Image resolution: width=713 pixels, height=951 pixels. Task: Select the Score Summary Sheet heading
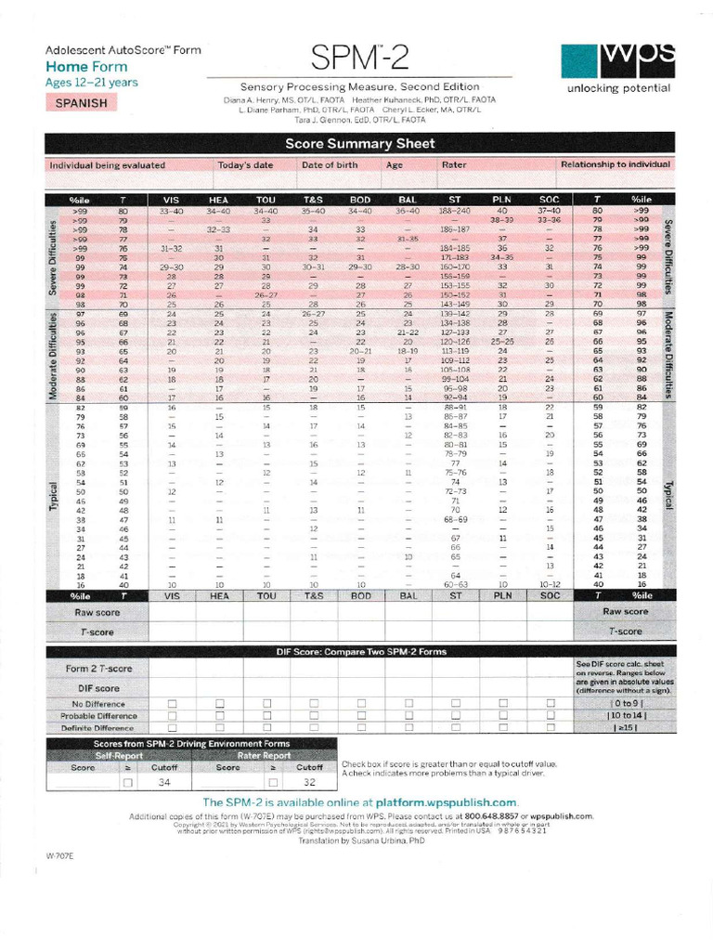[x=358, y=144]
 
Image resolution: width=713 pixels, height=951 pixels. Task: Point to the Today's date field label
[x=245, y=164]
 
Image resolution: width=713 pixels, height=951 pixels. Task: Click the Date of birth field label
[x=331, y=164]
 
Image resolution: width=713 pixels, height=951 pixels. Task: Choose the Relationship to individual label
[x=615, y=164]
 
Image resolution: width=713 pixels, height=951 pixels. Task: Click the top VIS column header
[x=172, y=200]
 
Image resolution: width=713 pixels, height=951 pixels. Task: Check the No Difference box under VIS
[x=172, y=703]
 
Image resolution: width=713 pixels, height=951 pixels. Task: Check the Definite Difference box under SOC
[x=550, y=728]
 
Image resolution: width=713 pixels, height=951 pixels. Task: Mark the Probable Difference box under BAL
[x=408, y=716]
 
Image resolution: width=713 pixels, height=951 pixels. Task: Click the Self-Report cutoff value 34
[x=165, y=783]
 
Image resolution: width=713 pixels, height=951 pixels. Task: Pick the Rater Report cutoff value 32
[x=310, y=783]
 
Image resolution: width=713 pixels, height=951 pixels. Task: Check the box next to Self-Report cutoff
[x=128, y=783]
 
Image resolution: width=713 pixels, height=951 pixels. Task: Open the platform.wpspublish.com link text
[x=446, y=801]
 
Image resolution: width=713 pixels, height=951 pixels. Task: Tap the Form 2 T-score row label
[x=98, y=669]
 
